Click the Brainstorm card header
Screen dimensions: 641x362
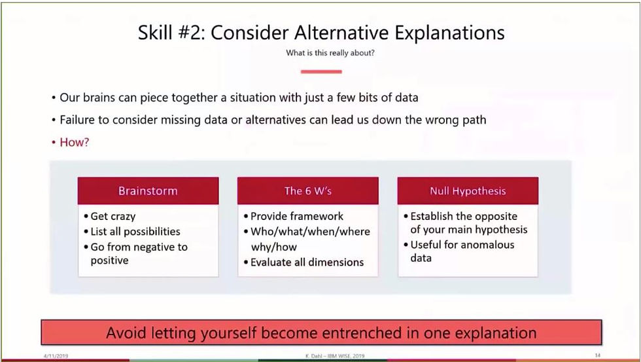click(148, 190)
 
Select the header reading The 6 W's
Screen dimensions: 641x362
click(308, 190)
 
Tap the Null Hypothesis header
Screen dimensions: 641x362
click(468, 190)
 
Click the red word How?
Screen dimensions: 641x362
click(74, 142)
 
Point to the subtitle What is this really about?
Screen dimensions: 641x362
click(330, 53)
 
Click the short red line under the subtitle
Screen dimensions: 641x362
click(321, 71)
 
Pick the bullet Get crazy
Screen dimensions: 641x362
click(110, 217)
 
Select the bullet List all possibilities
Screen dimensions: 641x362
click(132, 232)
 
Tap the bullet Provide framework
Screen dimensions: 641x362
click(294, 216)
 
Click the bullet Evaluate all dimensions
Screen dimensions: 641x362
click(303, 262)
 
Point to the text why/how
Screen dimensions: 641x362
click(273, 247)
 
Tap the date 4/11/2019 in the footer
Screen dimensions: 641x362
click(56, 356)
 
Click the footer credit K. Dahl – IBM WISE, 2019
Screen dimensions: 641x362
click(335, 356)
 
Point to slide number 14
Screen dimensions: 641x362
click(598, 355)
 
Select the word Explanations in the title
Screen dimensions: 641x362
click(450, 33)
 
